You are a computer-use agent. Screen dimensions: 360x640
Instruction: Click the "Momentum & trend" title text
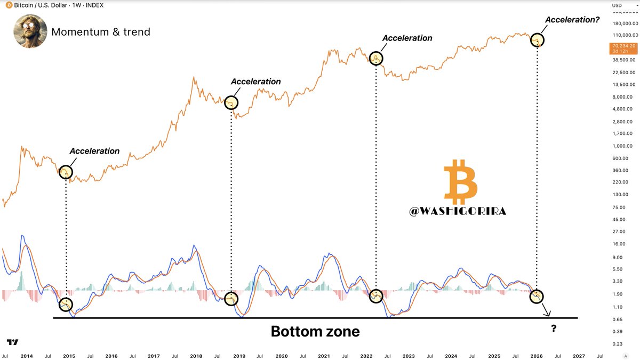click(x=101, y=32)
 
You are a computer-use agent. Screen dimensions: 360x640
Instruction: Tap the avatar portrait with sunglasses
click(x=29, y=31)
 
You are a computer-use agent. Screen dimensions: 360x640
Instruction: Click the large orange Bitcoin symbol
click(x=460, y=182)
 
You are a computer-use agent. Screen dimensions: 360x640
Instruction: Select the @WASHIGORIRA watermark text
click(x=458, y=212)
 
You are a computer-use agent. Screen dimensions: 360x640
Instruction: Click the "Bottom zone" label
click(x=315, y=332)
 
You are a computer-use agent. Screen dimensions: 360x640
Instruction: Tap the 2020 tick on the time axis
click(x=282, y=356)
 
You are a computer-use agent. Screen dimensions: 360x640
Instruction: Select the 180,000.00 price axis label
click(x=624, y=23)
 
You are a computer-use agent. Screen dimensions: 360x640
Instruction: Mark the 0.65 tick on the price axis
click(x=617, y=319)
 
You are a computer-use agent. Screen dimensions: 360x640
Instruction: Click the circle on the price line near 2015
click(x=66, y=172)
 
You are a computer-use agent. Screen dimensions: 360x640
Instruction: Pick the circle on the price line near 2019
click(x=231, y=103)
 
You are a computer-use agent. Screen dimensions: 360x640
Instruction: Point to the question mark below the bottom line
click(x=554, y=329)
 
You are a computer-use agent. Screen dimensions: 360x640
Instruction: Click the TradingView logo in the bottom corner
click(x=13, y=342)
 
